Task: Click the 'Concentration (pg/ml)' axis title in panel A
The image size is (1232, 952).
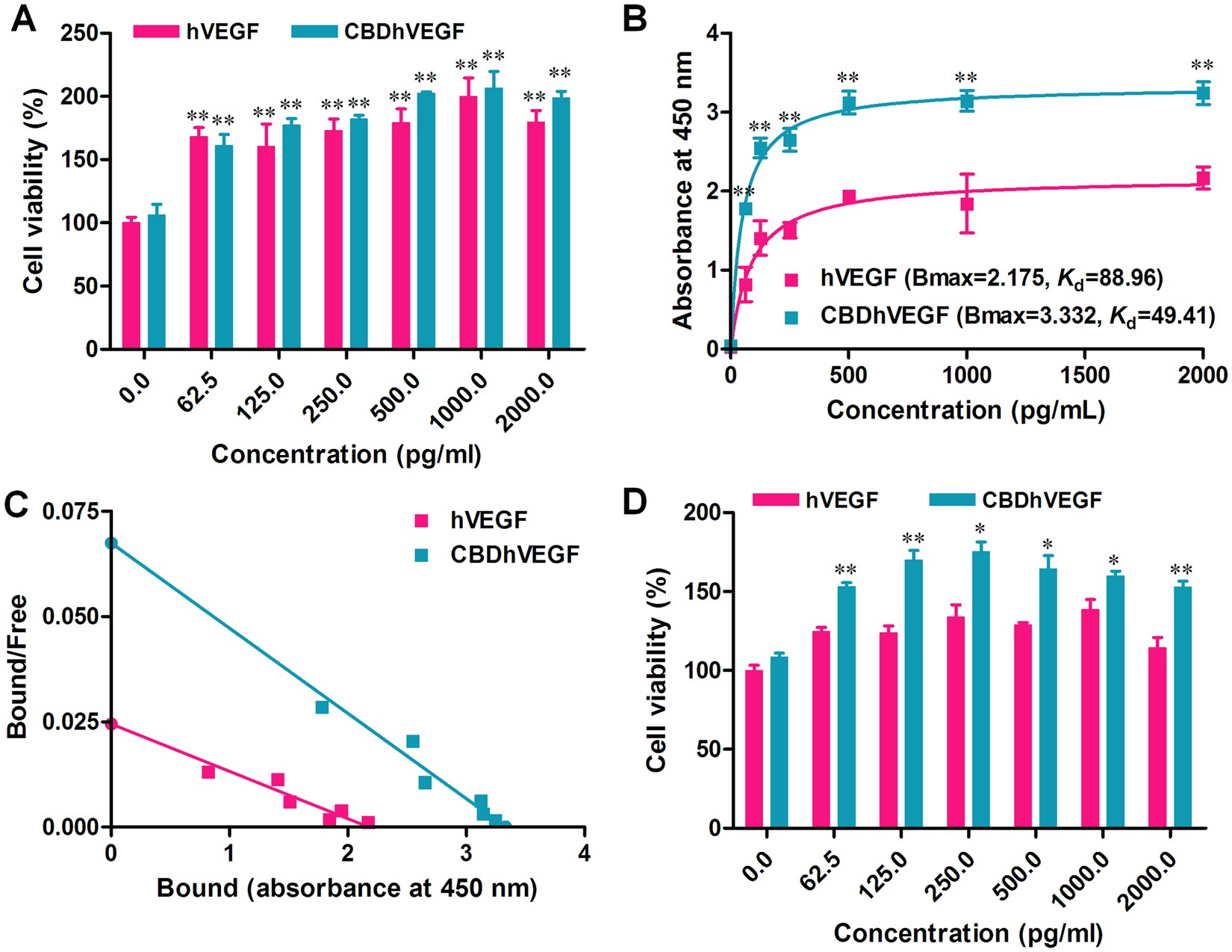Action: pyautogui.click(x=346, y=454)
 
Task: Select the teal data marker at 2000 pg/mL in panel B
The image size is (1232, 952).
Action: pyautogui.click(x=1203, y=93)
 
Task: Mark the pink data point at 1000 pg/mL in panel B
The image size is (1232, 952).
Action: pyautogui.click(x=967, y=204)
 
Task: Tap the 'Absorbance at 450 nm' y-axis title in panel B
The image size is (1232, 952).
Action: pyautogui.click(x=682, y=191)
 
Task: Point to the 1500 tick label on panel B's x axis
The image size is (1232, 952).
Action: pyautogui.click(x=1085, y=374)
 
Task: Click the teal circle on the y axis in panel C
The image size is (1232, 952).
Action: pyautogui.click(x=111, y=543)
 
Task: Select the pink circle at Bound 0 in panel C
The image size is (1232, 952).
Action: pyautogui.click(x=111, y=723)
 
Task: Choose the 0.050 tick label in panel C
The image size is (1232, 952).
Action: pyautogui.click(x=70, y=616)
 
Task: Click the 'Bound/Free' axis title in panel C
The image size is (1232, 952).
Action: pyautogui.click(x=18, y=666)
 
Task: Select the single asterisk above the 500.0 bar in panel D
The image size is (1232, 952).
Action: pyautogui.click(x=1048, y=544)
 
